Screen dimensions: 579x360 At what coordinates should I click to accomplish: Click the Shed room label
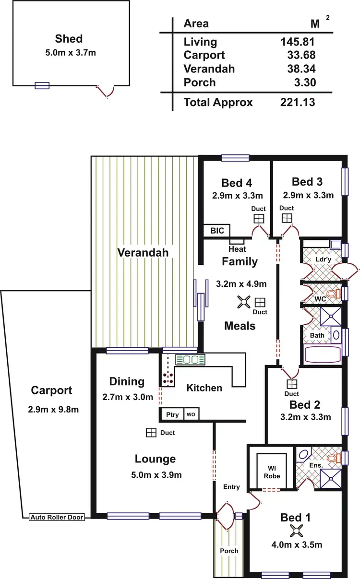[x=69, y=39]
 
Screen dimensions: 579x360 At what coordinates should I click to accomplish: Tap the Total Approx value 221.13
[x=298, y=102]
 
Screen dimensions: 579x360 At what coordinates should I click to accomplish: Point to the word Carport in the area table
[x=204, y=55]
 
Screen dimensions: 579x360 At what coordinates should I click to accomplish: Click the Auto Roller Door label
[x=57, y=517]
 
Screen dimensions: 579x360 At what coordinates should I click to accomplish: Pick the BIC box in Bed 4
[x=217, y=231]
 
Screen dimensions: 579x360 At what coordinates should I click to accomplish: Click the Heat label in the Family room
[x=238, y=249]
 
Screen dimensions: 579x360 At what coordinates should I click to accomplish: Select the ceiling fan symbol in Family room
[x=244, y=302]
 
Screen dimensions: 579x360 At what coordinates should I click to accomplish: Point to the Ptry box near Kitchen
[x=172, y=414]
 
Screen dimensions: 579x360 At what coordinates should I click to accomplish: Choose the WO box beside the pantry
[x=191, y=414]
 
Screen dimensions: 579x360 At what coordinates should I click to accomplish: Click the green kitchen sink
[x=190, y=360]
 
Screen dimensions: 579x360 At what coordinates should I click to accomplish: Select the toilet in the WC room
[x=332, y=293]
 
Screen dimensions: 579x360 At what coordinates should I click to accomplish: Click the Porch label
[x=229, y=551]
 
